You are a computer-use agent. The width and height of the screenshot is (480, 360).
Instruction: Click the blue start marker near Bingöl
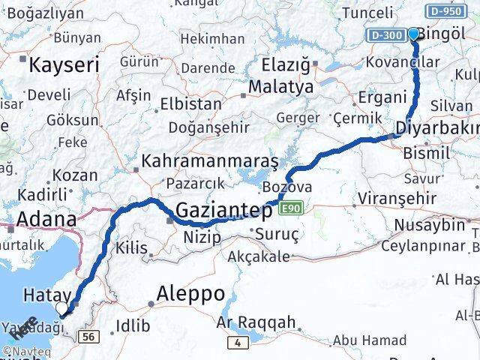tap(413, 34)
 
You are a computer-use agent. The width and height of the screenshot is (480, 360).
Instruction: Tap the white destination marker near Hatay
tap(62, 307)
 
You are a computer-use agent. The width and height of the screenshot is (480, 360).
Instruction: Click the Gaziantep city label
tap(224, 211)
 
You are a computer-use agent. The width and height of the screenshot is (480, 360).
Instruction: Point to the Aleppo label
tap(190, 293)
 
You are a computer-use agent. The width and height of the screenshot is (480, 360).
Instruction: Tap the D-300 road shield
tap(385, 35)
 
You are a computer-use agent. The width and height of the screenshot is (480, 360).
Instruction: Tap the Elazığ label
tap(284, 65)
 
